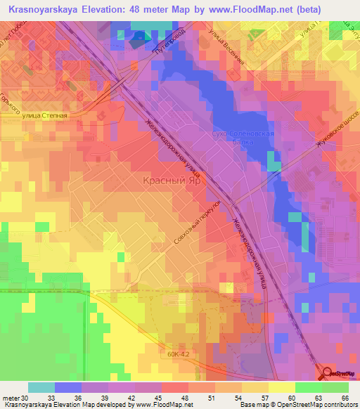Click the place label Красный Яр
tap(168, 181)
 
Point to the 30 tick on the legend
tap(25, 398)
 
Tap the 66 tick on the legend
tap(344, 398)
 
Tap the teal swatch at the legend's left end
tap(41, 387)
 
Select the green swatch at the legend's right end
tap(335, 387)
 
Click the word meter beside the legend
tap(10, 398)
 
